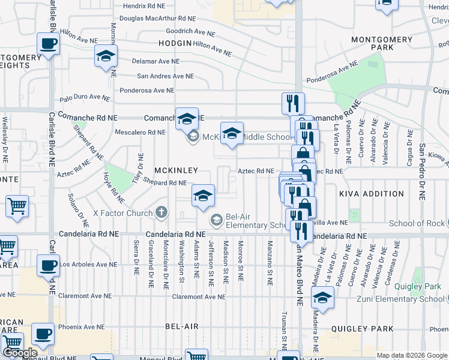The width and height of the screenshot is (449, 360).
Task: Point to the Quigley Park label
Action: click(414, 286)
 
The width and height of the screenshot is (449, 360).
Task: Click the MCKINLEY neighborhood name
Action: click(175, 170)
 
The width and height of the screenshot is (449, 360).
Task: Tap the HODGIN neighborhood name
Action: click(175, 43)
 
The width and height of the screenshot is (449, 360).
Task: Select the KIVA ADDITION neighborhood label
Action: click(372, 194)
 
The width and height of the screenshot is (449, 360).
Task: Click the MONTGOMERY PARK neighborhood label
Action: click(382, 43)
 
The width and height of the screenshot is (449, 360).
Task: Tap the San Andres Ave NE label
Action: click(166, 76)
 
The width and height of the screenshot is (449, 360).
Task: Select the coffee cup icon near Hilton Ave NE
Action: click(48, 43)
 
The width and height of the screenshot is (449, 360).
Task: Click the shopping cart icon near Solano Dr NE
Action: click(17, 206)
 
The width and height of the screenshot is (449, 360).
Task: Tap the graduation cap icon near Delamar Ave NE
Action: click(106, 57)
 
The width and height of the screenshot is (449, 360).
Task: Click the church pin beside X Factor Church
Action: click(161, 212)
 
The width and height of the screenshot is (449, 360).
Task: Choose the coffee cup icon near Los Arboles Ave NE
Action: click(48, 265)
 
